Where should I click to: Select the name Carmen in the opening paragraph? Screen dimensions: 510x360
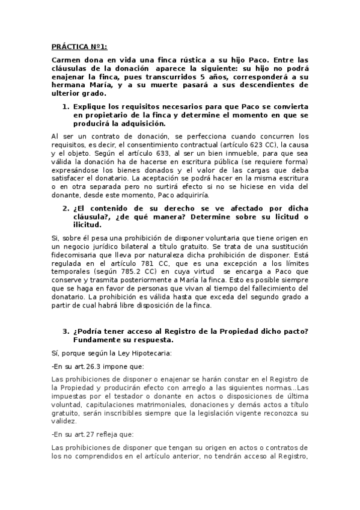[66, 60]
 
